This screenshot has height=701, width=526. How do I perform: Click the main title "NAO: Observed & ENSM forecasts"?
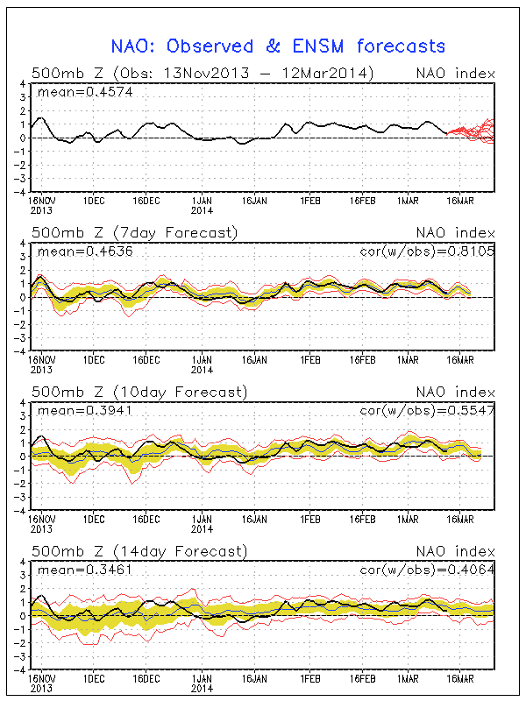[278, 46]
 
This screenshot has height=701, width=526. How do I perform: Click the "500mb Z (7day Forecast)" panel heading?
[134, 232]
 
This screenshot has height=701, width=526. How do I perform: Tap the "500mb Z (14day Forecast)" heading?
[139, 551]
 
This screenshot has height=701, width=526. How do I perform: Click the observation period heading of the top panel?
[203, 73]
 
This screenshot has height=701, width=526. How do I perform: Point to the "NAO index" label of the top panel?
[453, 73]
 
